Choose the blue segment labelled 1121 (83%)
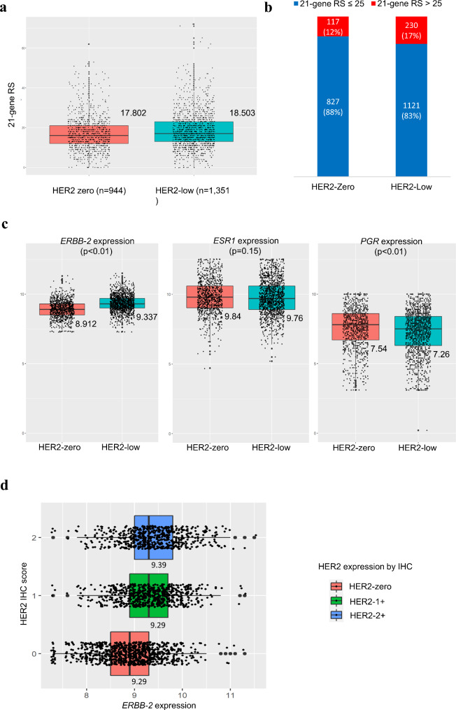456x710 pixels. point(420,120)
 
